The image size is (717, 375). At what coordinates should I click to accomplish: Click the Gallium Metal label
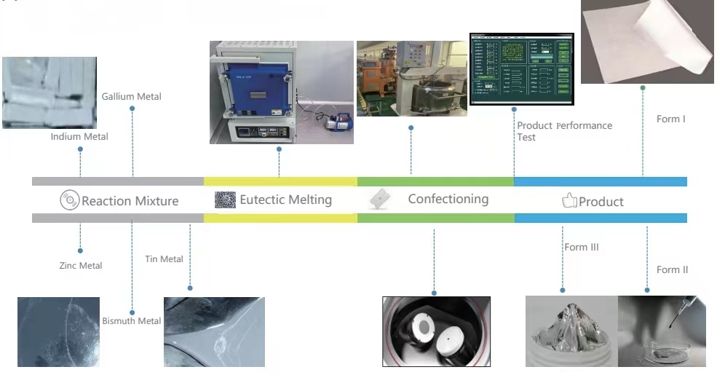point(131,96)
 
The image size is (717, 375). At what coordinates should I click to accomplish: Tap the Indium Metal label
point(79,136)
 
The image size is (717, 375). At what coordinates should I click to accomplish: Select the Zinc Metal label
point(81,266)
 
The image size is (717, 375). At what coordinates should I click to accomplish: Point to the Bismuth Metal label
point(132,321)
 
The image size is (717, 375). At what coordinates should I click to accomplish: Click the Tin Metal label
point(164,259)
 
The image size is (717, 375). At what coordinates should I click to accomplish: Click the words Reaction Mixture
point(130,201)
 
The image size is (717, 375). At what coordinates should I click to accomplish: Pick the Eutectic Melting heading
point(285,200)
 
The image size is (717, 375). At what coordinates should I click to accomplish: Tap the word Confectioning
point(448,199)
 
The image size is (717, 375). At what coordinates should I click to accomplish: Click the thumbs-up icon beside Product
point(569,201)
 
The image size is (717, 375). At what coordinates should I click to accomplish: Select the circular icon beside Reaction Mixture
point(69,200)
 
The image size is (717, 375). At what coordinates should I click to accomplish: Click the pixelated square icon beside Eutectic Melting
point(226,200)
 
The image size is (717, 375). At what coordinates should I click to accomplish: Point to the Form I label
point(670,119)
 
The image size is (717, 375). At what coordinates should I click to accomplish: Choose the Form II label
point(672,269)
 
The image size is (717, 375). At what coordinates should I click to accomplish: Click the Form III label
point(582,247)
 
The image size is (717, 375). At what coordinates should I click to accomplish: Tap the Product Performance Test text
point(564,131)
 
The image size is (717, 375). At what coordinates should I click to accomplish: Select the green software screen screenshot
point(521,68)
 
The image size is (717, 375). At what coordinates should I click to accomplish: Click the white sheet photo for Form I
point(646,42)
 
